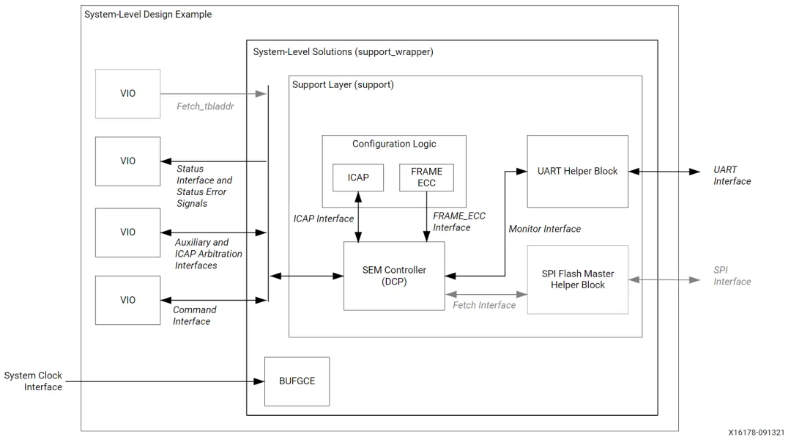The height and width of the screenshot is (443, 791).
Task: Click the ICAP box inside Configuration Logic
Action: point(357,177)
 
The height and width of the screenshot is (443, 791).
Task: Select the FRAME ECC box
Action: point(426,177)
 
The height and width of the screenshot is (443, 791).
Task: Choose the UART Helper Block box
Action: point(578,171)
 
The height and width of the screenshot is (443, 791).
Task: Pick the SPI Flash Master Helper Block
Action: point(578,279)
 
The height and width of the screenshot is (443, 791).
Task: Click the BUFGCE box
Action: point(296,382)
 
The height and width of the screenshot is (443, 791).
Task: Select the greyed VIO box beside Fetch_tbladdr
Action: point(127,94)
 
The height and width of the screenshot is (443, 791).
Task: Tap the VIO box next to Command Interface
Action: point(127,300)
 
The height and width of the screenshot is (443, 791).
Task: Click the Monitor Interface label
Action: point(545,229)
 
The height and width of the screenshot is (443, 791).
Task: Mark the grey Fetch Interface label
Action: point(484,305)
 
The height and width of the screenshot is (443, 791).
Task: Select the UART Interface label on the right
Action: point(732,175)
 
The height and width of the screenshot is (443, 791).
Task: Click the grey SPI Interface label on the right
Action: point(732,276)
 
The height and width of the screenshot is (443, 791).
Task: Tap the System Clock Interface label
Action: point(33,381)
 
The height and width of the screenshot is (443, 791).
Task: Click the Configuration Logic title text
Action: point(394,143)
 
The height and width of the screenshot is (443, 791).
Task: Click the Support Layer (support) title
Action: point(343,85)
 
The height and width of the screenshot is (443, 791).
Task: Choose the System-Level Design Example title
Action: point(148,15)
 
